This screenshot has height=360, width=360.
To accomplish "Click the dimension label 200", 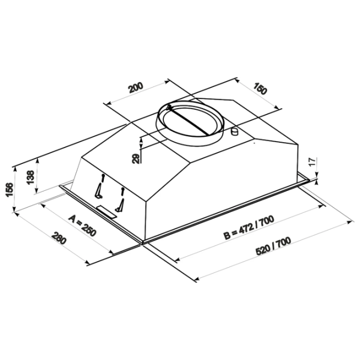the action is pos(136,87).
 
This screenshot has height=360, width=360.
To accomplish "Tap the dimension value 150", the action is pos(260,88).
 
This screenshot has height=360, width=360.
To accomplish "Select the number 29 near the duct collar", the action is pos(136,158).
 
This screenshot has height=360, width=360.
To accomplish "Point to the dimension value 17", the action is pos(313,162).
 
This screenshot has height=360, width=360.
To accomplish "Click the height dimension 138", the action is pos(31,177).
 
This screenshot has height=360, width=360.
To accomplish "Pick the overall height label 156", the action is pos(10,190).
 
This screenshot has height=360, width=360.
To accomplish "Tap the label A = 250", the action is pos(82,226).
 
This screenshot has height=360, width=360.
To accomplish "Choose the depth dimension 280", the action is pos(59,238).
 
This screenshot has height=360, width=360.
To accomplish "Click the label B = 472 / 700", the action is pos(249,227).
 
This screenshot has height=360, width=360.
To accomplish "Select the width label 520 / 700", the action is pos(274,245).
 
